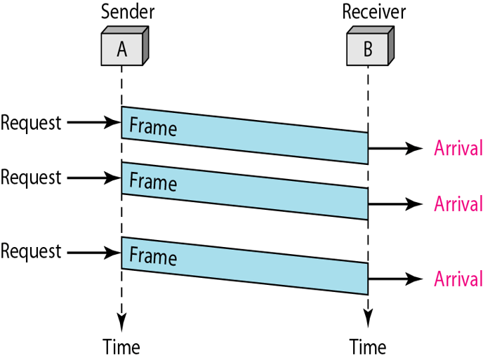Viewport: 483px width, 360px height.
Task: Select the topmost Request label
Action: pos(31,123)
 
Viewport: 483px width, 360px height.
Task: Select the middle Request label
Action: pos(31,178)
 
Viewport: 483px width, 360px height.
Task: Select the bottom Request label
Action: pos(31,251)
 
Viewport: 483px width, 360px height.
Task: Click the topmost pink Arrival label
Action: pos(458,149)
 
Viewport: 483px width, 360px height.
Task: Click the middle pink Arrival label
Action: pos(458,204)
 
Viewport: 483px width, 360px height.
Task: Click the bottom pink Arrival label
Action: pos(458,279)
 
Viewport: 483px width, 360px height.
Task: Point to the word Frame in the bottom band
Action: pos(153,256)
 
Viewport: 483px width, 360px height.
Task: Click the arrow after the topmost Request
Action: pos(93,124)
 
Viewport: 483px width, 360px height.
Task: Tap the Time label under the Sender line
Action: pos(121,347)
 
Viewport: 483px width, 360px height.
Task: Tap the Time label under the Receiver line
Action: pos(368,347)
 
